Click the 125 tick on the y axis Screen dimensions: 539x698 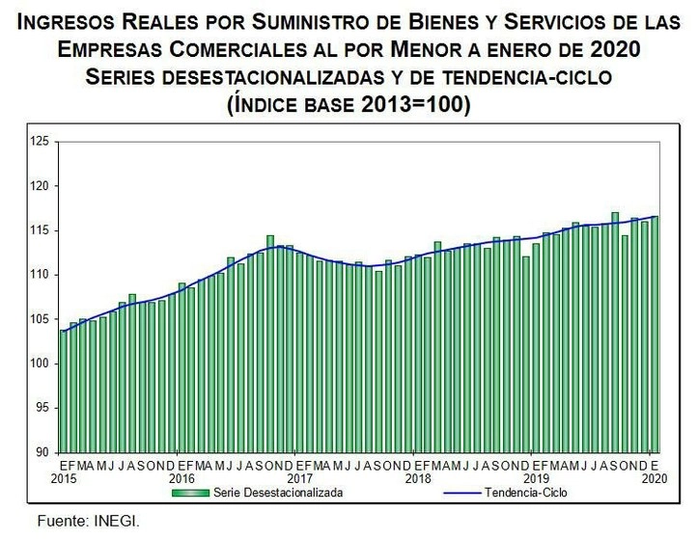point(39,142)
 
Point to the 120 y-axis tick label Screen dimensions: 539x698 point(39,186)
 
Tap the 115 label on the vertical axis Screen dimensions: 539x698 point(39,230)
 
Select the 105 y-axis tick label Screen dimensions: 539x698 point(39,319)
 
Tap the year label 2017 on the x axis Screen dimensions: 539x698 point(300,477)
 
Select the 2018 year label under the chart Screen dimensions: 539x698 point(418,477)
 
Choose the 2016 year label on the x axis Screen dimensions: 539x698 point(181,477)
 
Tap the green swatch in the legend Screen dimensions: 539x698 point(191,493)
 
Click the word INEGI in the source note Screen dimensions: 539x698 point(117,521)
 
